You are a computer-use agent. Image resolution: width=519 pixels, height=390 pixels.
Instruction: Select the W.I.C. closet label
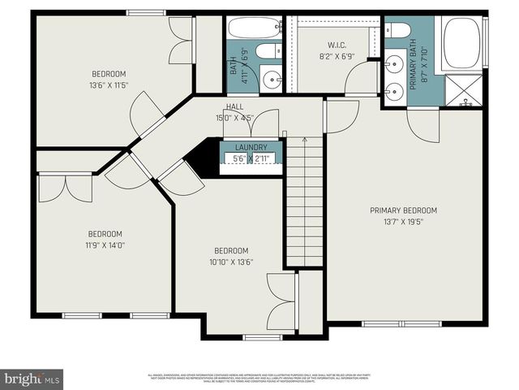coord(337,45)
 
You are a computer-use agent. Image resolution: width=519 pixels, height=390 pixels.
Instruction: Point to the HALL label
coord(234,106)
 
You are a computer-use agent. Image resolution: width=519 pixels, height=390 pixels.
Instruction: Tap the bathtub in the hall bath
coord(254,28)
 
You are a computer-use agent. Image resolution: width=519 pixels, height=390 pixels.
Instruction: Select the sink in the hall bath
coord(270,80)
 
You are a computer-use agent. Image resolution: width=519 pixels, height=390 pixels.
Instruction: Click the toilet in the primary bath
coord(400,31)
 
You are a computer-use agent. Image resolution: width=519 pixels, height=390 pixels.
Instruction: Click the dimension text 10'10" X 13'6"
coord(231,262)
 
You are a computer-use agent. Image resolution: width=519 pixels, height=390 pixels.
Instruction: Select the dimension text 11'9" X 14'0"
coord(105,244)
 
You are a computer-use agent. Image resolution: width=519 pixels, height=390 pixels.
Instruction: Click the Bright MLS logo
coord(32,379)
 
